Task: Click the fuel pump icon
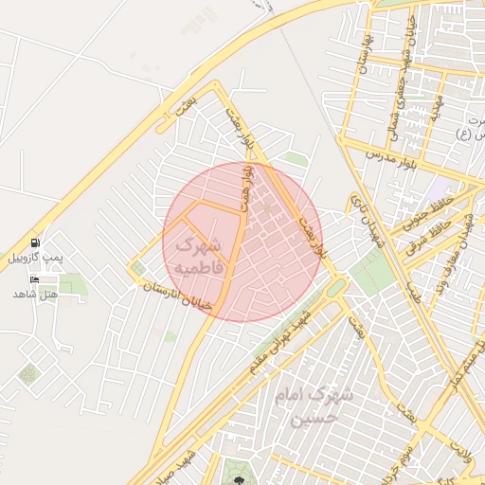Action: [35, 243]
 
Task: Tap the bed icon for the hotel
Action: [35, 279]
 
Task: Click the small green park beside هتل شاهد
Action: [72, 283]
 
